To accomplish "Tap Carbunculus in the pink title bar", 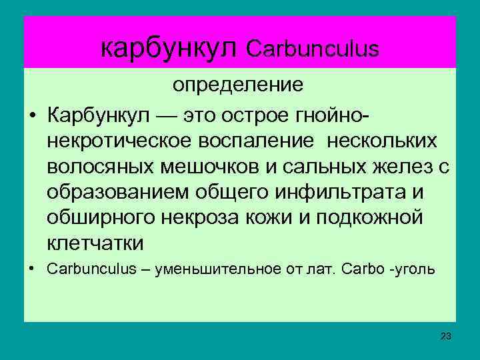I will [313, 49].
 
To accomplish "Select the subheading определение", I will [239, 85].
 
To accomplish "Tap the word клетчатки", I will [95, 243].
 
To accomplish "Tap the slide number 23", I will [445, 335].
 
